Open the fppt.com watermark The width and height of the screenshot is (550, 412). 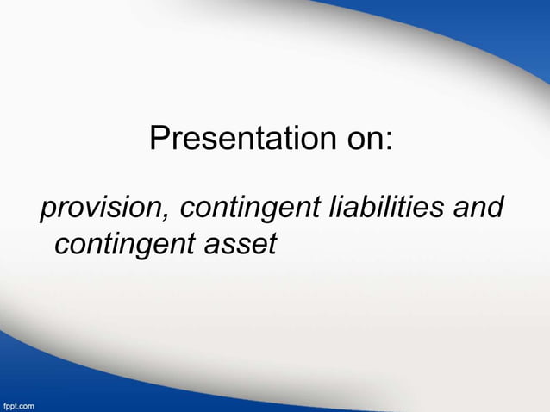pyautogui.click(x=18, y=404)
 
